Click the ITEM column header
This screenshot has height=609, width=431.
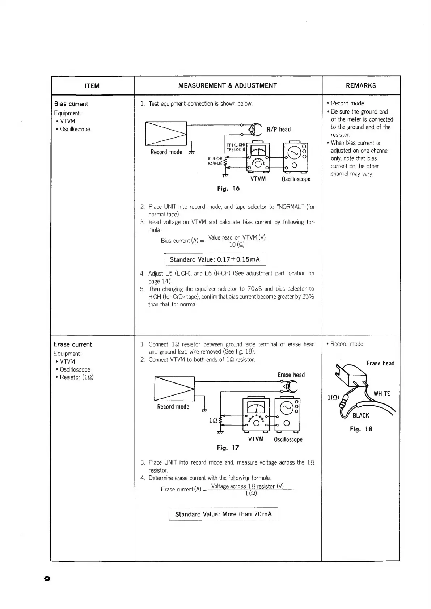(92, 86)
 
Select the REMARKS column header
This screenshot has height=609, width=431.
(361, 86)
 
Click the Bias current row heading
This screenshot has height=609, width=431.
(71, 104)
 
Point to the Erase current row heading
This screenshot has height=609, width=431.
(73, 344)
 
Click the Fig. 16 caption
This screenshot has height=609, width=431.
(228, 189)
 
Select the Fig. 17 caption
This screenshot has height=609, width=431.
(228, 448)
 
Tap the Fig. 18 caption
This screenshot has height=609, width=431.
(361, 429)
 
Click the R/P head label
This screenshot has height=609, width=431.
(279, 130)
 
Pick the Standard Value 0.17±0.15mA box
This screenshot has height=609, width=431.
(215, 259)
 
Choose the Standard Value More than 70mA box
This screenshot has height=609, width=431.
(223, 514)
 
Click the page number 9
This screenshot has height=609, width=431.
(47, 579)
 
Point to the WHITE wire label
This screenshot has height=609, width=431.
(382, 394)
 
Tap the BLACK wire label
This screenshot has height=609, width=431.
(361, 415)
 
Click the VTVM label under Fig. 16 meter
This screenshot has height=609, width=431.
(258, 179)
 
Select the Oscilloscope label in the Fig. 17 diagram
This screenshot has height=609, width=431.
(288, 440)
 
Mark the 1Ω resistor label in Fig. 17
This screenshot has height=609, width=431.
(213, 421)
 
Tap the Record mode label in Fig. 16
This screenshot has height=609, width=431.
(166, 152)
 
